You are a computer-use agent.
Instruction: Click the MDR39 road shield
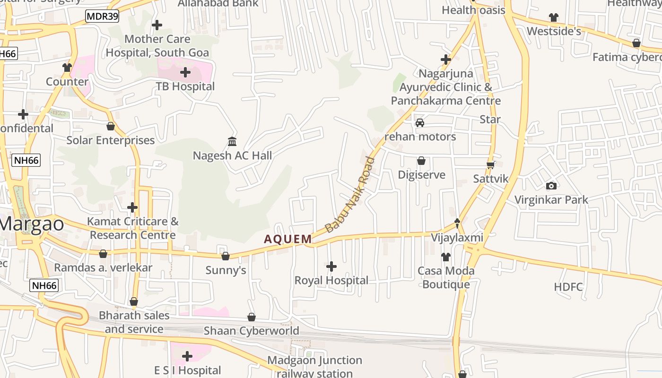tap(102, 17)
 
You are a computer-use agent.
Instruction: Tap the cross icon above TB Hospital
tap(185, 72)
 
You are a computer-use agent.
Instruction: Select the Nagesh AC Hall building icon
tap(232, 141)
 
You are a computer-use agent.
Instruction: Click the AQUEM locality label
tap(288, 239)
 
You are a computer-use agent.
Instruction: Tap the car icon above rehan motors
tap(419, 123)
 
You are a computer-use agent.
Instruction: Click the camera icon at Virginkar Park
tap(551, 186)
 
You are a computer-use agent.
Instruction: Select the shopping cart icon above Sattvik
tap(491, 165)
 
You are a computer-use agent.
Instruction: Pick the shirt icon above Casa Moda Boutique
tap(446, 257)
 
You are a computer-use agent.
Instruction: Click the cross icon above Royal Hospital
tap(331, 266)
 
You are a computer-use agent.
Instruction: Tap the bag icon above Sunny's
tap(226, 256)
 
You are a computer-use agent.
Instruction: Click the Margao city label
tap(32, 223)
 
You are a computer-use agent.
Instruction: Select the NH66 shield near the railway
tap(44, 285)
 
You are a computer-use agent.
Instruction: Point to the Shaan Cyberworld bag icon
tap(252, 317)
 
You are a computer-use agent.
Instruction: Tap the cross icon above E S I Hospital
tap(187, 356)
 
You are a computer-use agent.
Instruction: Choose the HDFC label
tap(568, 287)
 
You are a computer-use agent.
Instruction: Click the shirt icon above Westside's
tap(554, 17)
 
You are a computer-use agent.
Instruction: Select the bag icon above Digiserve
tap(421, 161)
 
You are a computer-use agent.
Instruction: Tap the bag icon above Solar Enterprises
tap(111, 126)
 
